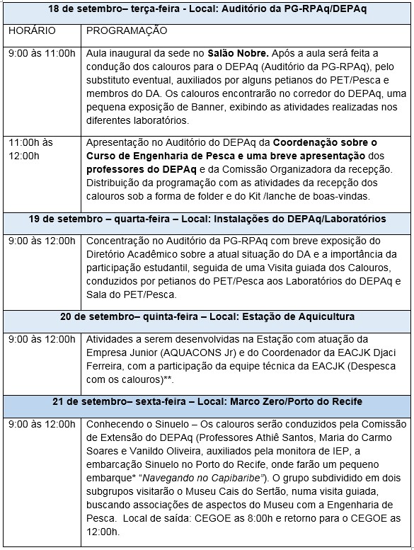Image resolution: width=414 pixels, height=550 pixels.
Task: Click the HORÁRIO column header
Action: (x=29, y=31)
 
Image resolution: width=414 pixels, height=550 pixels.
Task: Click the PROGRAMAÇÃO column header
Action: (x=127, y=31)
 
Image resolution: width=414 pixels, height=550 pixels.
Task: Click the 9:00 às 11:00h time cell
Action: (x=42, y=53)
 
